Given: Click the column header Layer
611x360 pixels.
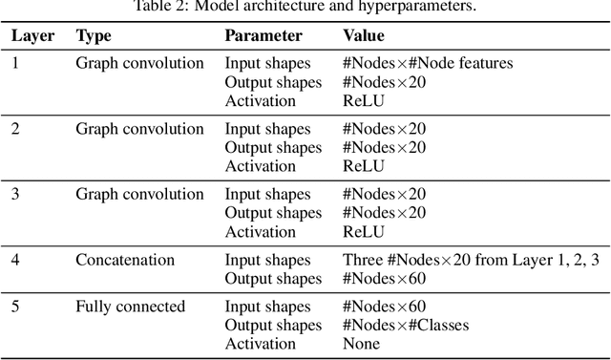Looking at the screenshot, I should click(x=32, y=36).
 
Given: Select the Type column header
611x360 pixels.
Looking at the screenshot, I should click(x=94, y=36).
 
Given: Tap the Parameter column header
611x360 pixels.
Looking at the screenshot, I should click(x=263, y=36).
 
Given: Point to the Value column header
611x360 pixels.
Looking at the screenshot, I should click(x=363, y=36).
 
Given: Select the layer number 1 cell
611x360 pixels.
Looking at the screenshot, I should click(x=14, y=64).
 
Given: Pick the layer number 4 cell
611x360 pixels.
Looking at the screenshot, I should click(x=14, y=260).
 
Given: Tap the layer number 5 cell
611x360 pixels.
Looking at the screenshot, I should click(x=14, y=307).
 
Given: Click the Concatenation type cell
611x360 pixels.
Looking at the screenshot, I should click(x=125, y=260).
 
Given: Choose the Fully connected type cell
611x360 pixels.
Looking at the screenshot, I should click(x=130, y=307).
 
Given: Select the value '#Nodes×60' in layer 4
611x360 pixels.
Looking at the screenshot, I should click(x=385, y=279).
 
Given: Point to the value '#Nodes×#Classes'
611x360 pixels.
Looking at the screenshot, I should click(x=406, y=326).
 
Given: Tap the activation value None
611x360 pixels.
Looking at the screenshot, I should click(x=362, y=344).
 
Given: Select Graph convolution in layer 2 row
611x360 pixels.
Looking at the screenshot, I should click(x=139, y=129).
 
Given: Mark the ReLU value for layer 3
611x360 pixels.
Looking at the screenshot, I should click(x=363, y=231).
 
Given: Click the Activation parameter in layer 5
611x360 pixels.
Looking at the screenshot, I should click(x=260, y=344).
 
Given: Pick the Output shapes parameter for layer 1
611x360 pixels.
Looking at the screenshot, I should click(x=273, y=82).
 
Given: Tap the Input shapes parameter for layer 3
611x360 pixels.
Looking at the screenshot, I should click(x=267, y=195).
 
